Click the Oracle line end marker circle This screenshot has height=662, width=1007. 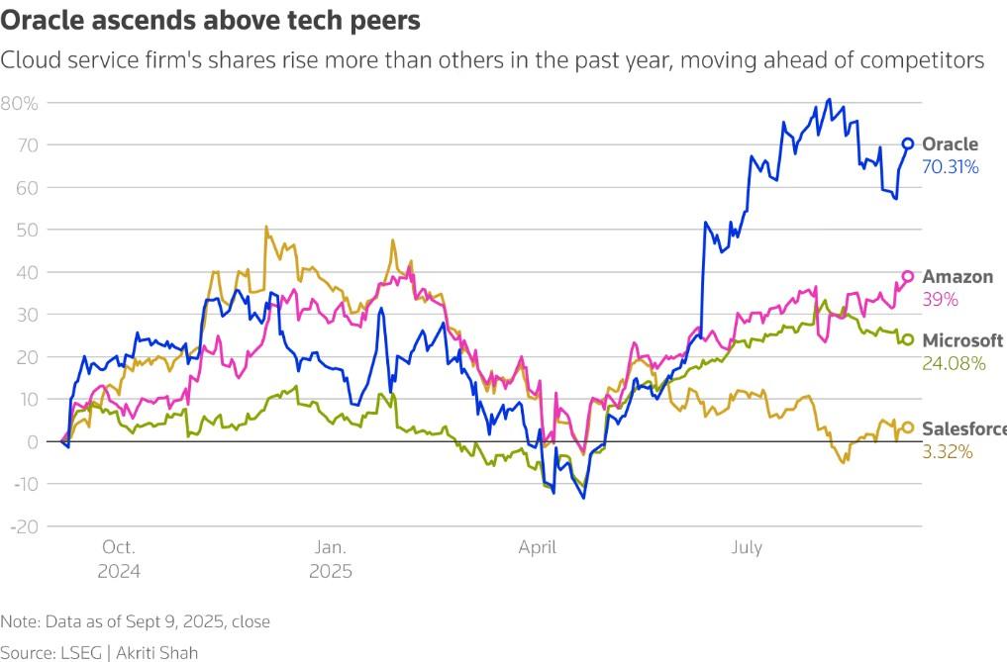[908, 143]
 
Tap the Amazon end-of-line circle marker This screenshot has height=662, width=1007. [907, 276]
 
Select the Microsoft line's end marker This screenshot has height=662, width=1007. [907, 340]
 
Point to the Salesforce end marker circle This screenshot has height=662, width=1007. [907, 428]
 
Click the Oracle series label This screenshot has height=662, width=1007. [950, 144]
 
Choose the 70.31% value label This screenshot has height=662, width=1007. [951, 167]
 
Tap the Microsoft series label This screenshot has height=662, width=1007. [962, 340]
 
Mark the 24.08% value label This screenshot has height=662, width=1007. [954, 363]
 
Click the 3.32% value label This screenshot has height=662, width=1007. [948, 451]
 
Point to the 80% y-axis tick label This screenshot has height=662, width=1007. [19, 103]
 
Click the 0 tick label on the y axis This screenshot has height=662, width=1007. [33, 441]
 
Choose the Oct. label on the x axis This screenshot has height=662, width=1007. [118, 547]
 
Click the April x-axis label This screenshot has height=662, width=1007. [536, 547]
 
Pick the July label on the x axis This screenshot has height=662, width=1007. [746, 547]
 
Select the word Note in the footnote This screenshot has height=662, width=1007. [18, 621]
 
